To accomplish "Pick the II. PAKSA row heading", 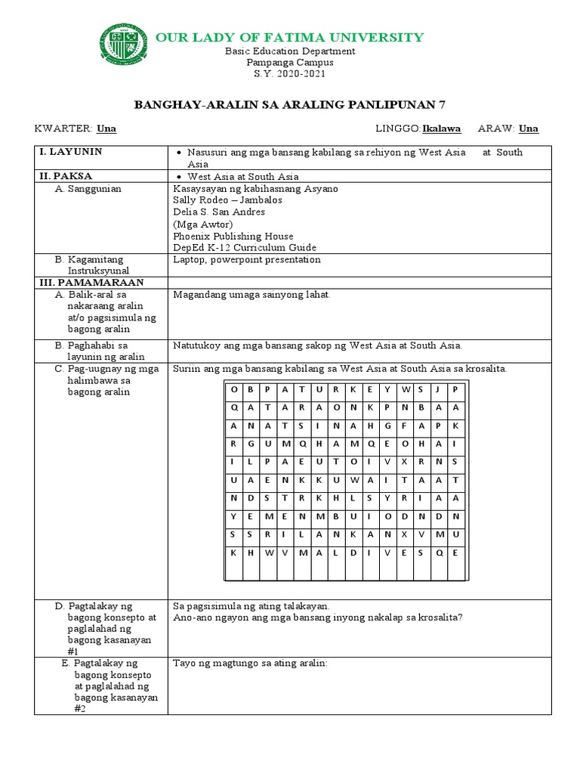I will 65,176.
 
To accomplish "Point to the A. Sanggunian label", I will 88,188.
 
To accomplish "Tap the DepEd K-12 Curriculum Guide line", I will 245,247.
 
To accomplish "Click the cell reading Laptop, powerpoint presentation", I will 247,259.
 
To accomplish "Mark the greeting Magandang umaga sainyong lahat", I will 251,294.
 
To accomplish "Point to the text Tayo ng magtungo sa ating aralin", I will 250,663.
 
